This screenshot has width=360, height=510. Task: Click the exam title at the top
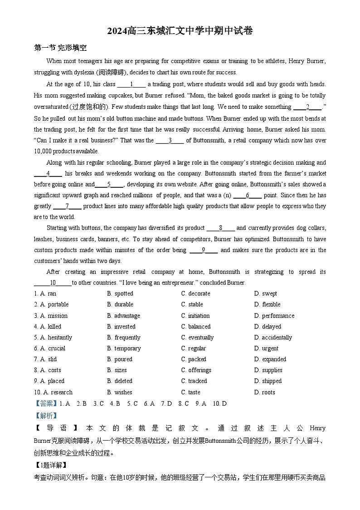[x=180, y=31]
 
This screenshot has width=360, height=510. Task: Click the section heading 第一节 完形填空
[x=60, y=48]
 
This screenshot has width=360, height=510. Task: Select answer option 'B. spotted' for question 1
[x=120, y=294]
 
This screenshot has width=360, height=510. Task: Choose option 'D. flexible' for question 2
[x=267, y=304]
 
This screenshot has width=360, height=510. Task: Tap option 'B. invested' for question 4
[x=121, y=327]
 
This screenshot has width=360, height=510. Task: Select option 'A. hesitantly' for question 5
[x=53, y=338]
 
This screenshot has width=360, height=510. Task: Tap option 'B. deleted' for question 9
[x=120, y=381]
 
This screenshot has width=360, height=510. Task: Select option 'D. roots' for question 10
[x=264, y=392]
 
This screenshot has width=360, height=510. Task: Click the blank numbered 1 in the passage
[x=131, y=84]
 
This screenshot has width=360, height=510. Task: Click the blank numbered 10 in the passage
[x=53, y=283]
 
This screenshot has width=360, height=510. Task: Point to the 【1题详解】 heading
[x=50, y=465]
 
